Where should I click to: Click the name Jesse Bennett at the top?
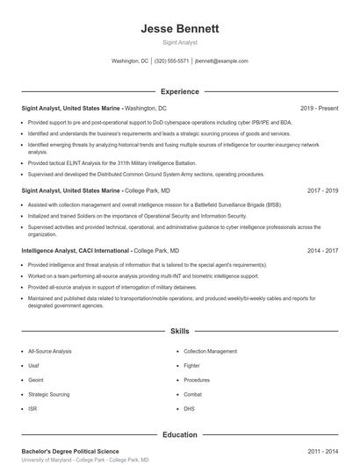point(179,28)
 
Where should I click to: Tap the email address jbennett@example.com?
point(221,61)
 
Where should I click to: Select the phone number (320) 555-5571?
point(171,61)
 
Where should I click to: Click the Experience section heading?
point(179,91)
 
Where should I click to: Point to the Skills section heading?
point(179,332)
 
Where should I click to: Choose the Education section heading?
point(179,434)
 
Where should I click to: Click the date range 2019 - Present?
point(319,108)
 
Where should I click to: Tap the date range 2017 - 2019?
point(322,190)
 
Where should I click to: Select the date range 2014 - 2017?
point(322,250)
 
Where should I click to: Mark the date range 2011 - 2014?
point(322,451)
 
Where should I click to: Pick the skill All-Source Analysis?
point(50,351)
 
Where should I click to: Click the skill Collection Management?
point(211,351)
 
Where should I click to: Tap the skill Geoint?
point(37,380)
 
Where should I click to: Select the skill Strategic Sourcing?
point(48,394)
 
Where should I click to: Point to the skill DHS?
point(189,409)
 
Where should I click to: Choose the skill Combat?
point(193,394)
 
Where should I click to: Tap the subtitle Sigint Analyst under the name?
point(179,42)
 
